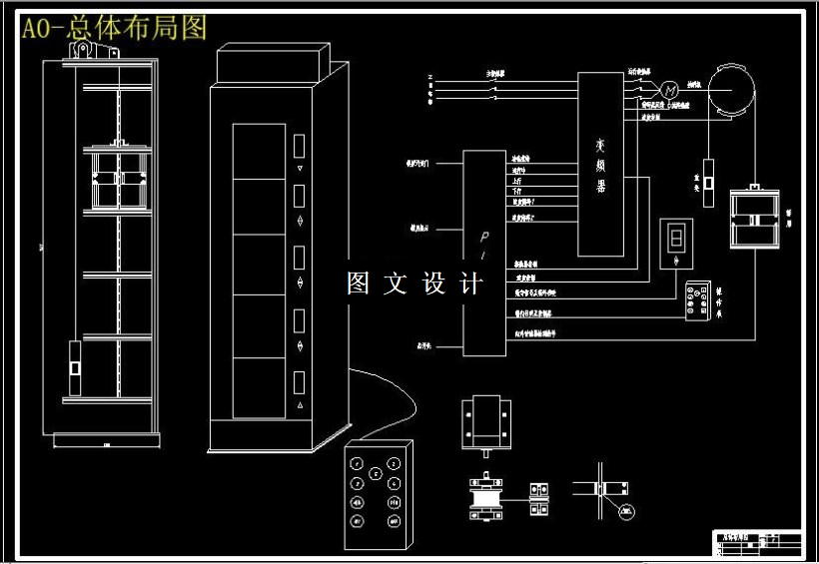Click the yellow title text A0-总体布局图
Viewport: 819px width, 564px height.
click(115, 28)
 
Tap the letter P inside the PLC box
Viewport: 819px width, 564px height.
click(482, 238)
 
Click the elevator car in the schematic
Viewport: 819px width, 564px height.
click(753, 218)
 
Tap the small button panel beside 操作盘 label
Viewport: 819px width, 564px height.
click(697, 302)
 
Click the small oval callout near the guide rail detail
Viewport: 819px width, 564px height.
click(626, 512)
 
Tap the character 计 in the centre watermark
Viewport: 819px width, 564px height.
click(470, 283)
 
